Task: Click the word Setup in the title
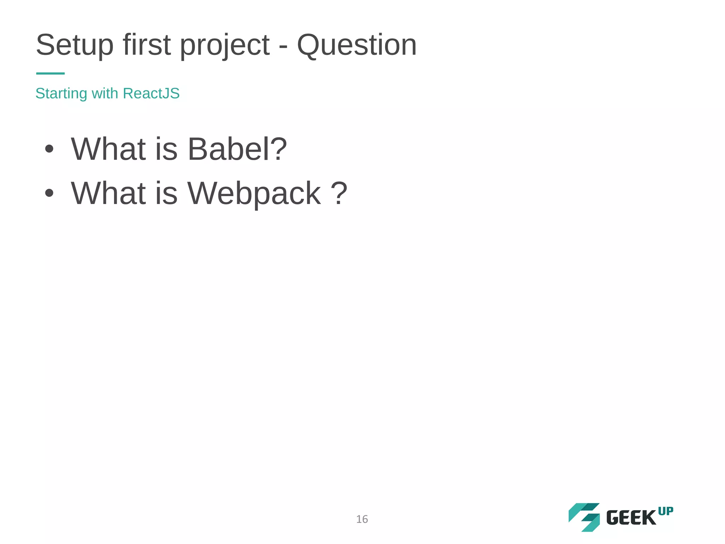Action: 75,45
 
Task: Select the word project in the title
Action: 225,46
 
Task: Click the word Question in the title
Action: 356,45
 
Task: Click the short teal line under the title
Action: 50,73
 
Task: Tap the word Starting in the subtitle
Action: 61,93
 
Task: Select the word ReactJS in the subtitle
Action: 151,93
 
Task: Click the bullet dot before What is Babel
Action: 49,149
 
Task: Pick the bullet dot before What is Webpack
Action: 49,193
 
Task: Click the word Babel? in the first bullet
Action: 237,149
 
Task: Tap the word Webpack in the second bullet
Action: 254,193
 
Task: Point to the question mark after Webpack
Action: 339,193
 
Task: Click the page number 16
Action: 362,519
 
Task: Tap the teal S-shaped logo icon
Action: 584,517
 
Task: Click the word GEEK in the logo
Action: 631,518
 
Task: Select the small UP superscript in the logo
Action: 666,511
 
